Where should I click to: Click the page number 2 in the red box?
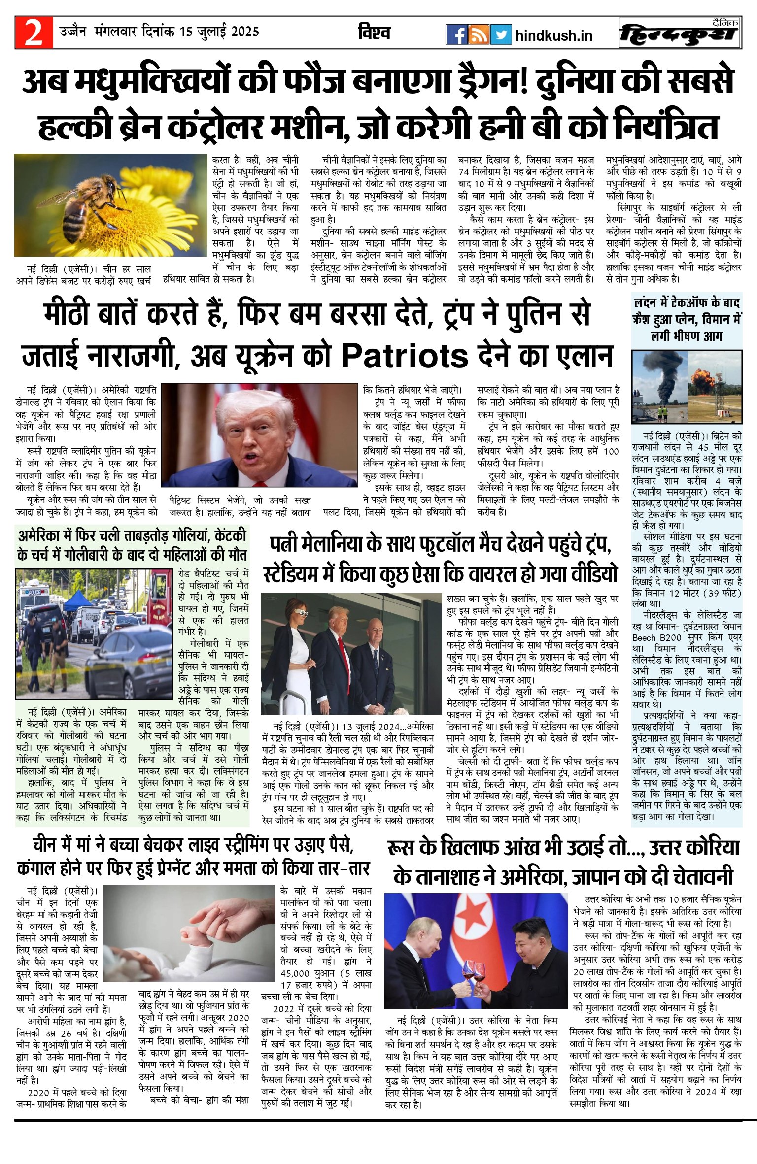click(x=34, y=33)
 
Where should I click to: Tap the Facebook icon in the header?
click(x=456, y=35)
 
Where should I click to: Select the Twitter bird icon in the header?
click(x=501, y=35)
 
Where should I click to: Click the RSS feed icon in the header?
click(x=479, y=35)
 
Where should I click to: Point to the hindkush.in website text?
click(x=553, y=36)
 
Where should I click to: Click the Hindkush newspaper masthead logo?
click(x=680, y=34)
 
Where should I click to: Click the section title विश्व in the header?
click(x=374, y=33)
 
